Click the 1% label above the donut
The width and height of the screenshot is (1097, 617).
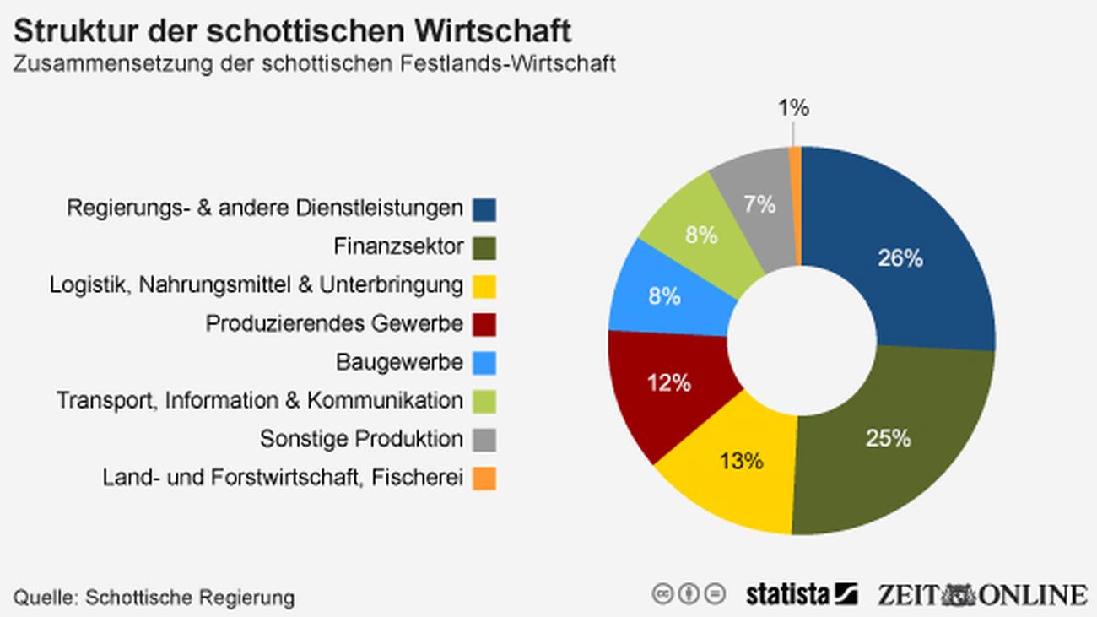coord(793,108)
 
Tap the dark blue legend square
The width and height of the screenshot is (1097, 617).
coord(484,208)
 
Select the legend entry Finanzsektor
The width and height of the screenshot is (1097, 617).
coord(398,246)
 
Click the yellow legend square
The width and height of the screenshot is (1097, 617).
coord(484,286)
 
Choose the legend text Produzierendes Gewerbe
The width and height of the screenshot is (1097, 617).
coord(334,323)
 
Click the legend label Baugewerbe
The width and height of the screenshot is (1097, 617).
coord(399,362)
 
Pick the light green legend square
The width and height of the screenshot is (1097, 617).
coord(484,402)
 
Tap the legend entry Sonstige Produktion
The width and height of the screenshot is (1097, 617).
coord(361,439)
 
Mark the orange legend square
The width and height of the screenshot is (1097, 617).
coord(484,479)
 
